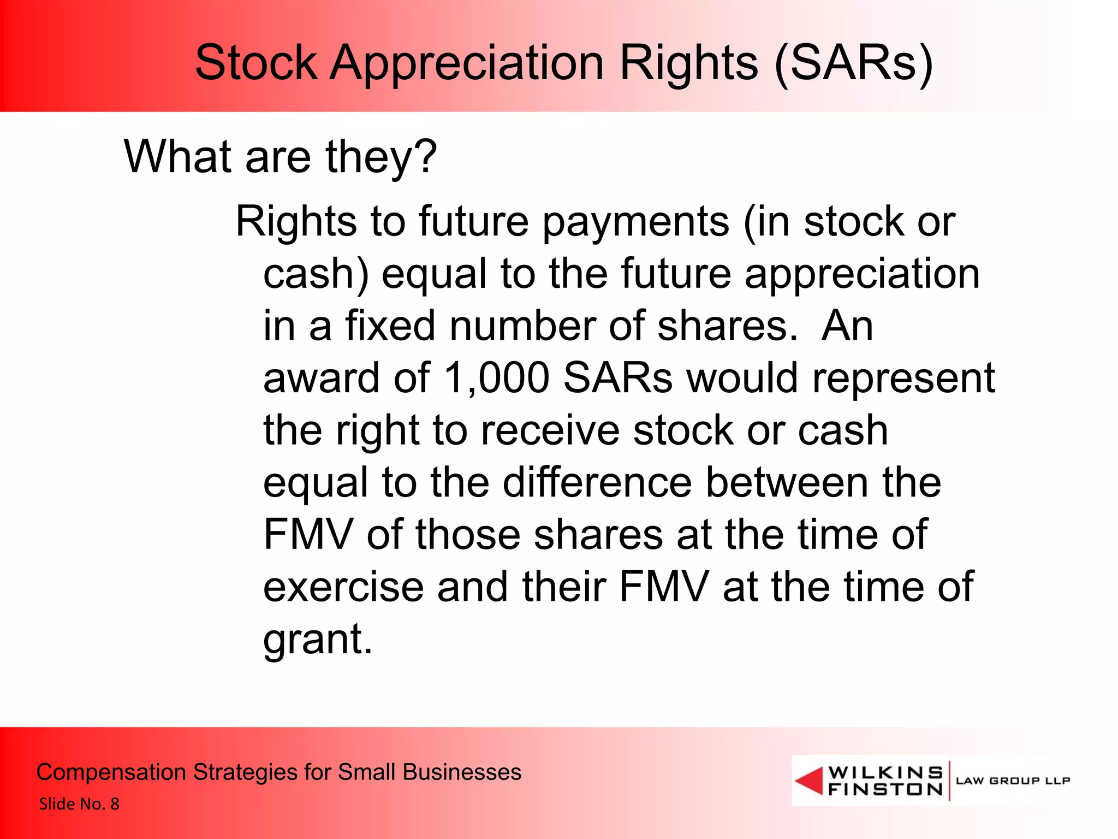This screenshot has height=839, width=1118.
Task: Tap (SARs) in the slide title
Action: click(x=853, y=64)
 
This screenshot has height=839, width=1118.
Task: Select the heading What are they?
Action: click(x=280, y=157)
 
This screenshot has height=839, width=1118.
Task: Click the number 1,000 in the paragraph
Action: click(x=496, y=378)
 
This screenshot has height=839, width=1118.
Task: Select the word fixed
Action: click(x=390, y=326)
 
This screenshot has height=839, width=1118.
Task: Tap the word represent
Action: click(x=903, y=378)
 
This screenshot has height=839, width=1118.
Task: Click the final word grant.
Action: click(x=317, y=639)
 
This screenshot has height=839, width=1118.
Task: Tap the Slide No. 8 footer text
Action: click(x=79, y=804)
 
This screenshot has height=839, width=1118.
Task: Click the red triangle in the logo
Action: click(x=810, y=781)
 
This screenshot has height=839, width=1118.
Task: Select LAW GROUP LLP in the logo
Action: click(x=1013, y=781)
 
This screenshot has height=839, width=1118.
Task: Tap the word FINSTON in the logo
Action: click(x=885, y=789)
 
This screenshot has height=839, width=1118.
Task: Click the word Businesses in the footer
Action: click(x=462, y=772)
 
